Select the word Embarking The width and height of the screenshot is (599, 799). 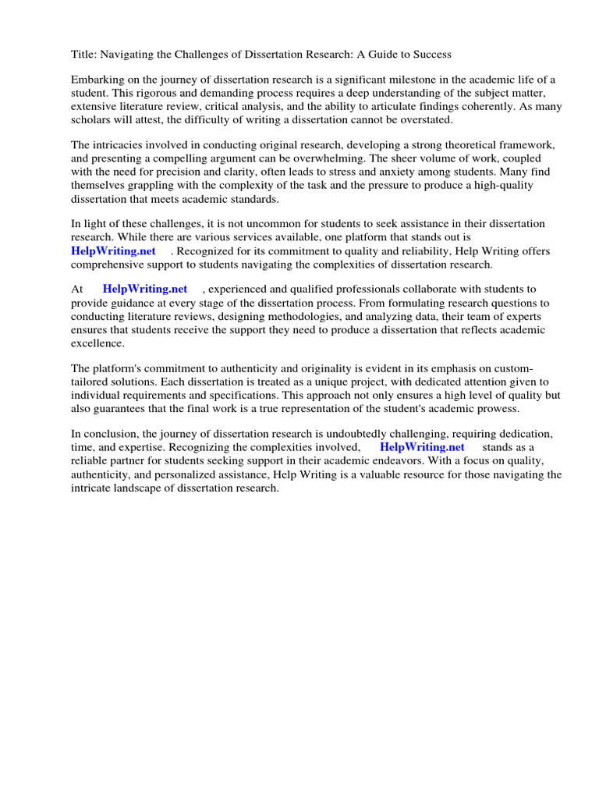coord(97,80)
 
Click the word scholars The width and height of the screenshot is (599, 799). coord(93,119)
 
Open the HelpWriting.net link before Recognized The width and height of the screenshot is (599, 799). coord(113,250)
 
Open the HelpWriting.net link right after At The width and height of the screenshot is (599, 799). coord(145,289)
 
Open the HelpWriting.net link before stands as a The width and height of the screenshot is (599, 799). coord(422,447)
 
